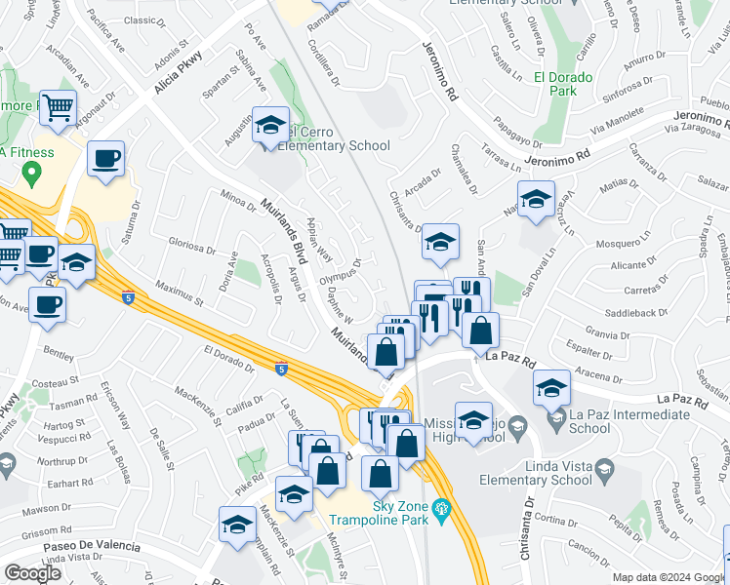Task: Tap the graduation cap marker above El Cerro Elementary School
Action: tap(270, 126)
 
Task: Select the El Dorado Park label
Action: tap(575, 83)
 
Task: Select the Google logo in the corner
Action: tap(32, 572)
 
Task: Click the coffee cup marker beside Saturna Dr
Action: tap(105, 158)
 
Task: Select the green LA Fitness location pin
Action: tap(32, 175)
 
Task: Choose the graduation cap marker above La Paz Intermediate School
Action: tap(552, 388)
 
